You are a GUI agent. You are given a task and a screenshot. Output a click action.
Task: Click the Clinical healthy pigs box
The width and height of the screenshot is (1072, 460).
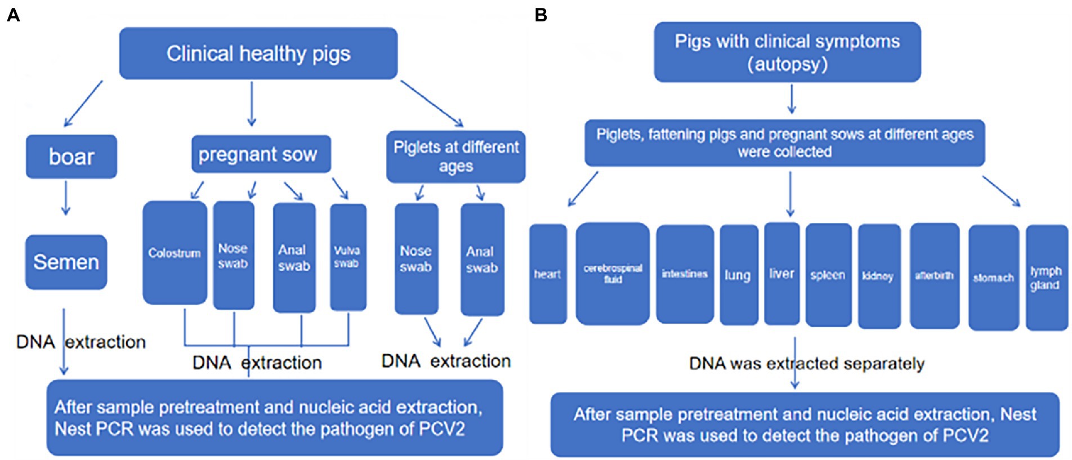click(x=258, y=53)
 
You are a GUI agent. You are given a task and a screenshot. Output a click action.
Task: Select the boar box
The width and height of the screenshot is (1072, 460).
click(x=72, y=157)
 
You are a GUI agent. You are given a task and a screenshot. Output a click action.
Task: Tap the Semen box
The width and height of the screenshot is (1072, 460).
click(x=66, y=262)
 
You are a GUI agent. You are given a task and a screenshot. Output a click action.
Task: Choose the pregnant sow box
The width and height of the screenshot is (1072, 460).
click(x=261, y=154)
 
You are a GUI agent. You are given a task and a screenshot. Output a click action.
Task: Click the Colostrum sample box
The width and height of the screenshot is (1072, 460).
click(x=175, y=253)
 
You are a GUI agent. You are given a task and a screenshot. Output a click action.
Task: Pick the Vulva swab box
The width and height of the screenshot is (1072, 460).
click(x=348, y=257)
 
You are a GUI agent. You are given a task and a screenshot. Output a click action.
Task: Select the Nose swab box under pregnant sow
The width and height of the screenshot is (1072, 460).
click(x=234, y=256)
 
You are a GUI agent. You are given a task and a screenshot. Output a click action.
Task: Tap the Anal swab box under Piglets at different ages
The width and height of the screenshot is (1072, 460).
click(x=483, y=260)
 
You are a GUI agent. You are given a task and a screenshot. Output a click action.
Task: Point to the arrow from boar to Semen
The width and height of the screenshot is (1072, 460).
click(x=66, y=198)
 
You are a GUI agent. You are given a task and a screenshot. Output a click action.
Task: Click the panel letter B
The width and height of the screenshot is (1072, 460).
click(x=541, y=15)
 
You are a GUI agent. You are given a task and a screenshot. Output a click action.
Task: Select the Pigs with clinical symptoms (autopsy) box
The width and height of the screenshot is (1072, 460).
click(x=787, y=52)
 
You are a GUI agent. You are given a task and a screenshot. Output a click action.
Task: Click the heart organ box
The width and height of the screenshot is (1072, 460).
click(x=548, y=274)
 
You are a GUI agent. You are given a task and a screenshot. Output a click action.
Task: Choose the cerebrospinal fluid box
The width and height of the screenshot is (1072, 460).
click(x=613, y=274)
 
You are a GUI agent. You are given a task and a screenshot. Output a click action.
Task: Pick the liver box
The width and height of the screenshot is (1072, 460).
click(x=781, y=274)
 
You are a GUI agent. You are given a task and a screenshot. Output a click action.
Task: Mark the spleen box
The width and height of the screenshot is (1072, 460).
click(x=828, y=275)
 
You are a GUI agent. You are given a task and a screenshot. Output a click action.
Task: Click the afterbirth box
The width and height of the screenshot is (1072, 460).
click(x=935, y=276)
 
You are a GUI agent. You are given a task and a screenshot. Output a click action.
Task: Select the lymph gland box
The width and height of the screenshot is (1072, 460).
click(x=1047, y=278)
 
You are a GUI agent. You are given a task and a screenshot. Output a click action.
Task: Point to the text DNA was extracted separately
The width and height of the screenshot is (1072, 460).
click(x=806, y=364)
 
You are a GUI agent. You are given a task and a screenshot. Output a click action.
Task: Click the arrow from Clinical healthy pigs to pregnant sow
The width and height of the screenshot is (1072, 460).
click(x=252, y=104)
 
